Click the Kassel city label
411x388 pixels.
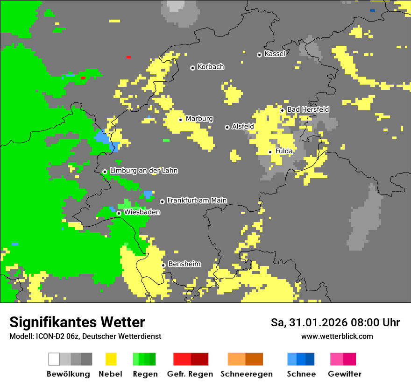click(x=275, y=54)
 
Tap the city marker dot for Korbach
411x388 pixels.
click(x=192, y=68)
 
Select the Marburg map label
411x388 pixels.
click(x=199, y=119)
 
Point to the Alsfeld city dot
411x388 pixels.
click(x=227, y=127)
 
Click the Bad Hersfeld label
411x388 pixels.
click(x=308, y=109)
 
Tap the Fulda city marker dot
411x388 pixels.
click(x=270, y=152)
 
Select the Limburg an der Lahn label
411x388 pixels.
click(x=143, y=171)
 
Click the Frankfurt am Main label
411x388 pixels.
click(x=197, y=200)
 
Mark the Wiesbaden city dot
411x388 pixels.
click(x=119, y=213)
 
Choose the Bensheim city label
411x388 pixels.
click(x=184, y=264)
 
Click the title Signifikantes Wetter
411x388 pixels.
click(x=77, y=322)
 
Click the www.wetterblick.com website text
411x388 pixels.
click(x=337, y=336)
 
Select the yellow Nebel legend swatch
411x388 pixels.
click(x=111, y=359)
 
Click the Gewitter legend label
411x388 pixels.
click(x=344, y=374)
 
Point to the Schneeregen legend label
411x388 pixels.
click(x=246, y=374)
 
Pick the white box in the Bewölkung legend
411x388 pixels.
click(x=54, y=359)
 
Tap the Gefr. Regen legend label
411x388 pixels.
click(x=190, y=374)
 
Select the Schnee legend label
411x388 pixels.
click(x=301, y=374)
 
